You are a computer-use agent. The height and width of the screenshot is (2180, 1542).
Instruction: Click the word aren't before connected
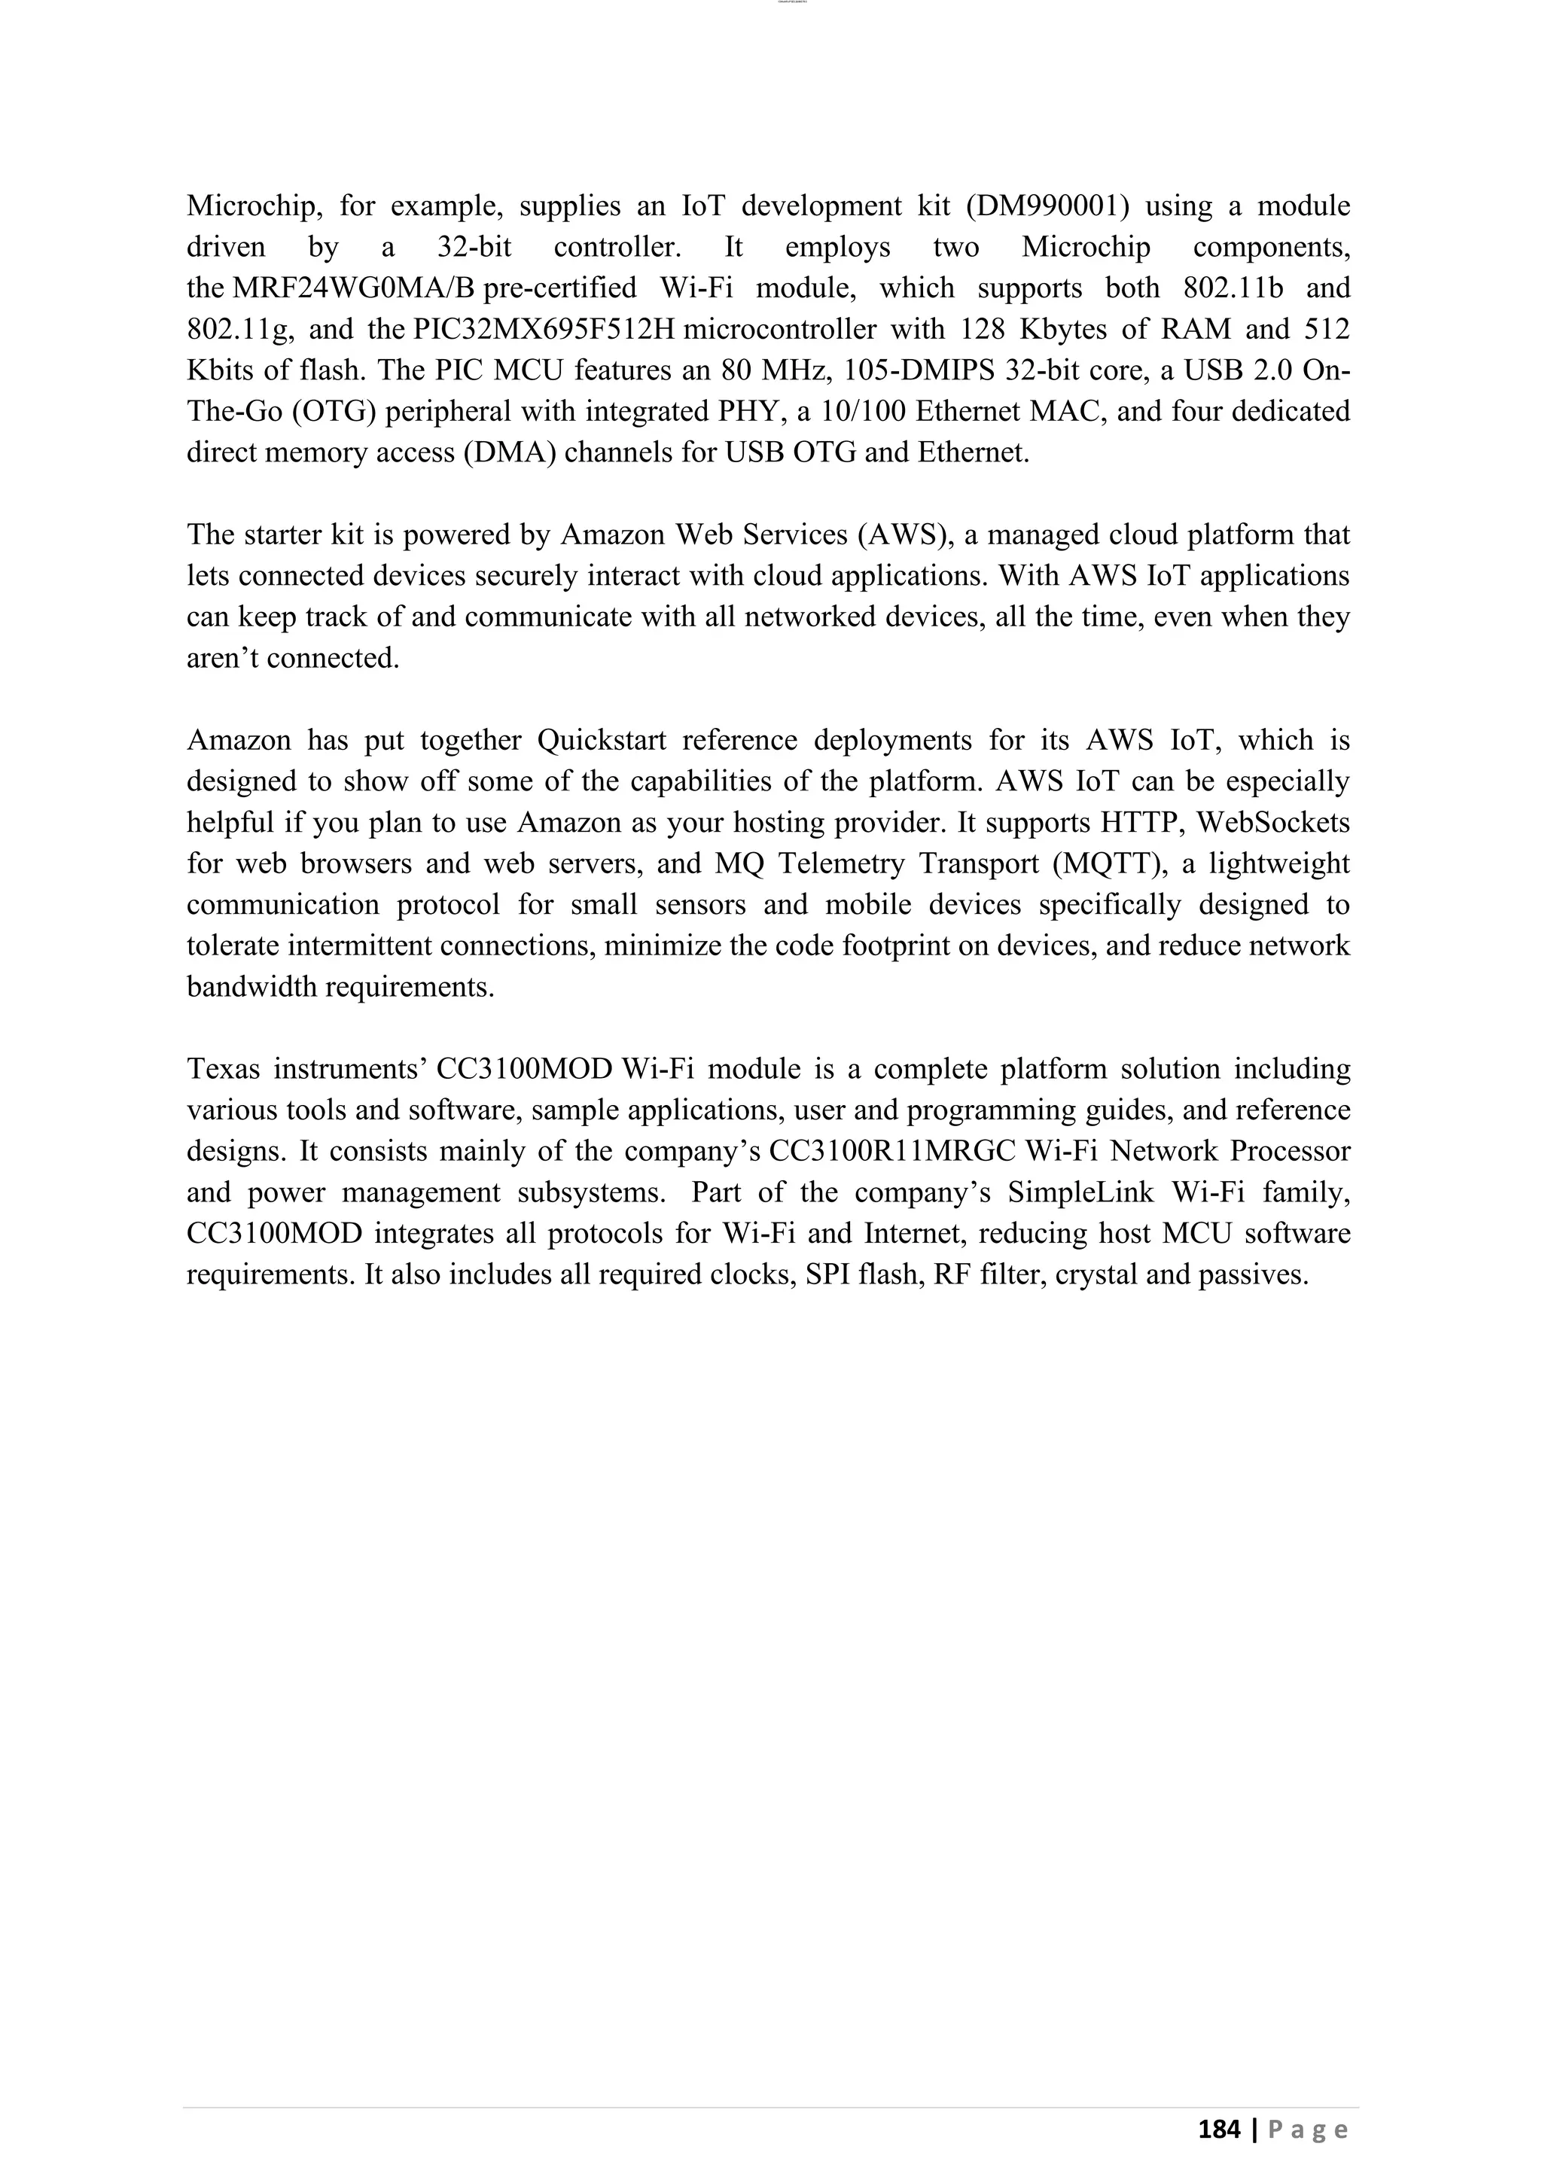click(x=222, y=658)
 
